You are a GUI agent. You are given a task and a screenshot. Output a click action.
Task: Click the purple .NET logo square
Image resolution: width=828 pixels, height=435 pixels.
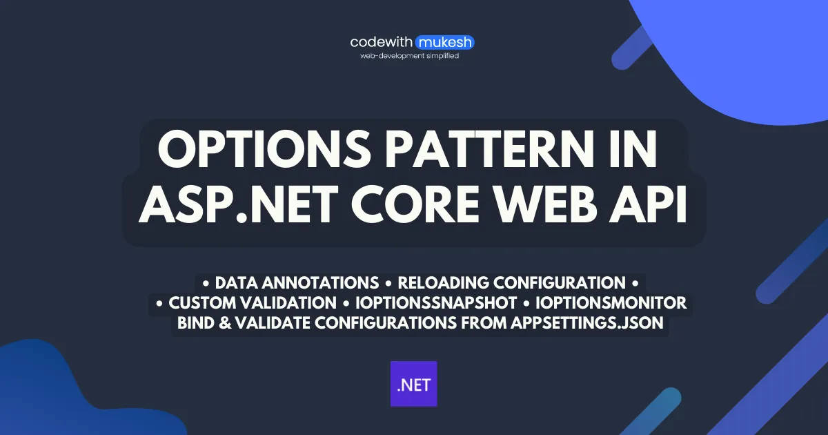(x=414, y=383)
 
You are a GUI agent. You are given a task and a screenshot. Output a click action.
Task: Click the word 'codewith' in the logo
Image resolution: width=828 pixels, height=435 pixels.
(x=382, y=43)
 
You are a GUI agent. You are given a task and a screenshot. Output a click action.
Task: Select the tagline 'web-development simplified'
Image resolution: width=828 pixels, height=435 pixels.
(x=410, y=56)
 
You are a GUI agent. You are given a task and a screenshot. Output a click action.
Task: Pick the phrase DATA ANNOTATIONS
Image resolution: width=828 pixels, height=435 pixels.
(x=297, y=283)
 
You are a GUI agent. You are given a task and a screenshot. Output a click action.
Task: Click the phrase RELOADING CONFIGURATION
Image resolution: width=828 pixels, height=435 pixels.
(x=511, y=283)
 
